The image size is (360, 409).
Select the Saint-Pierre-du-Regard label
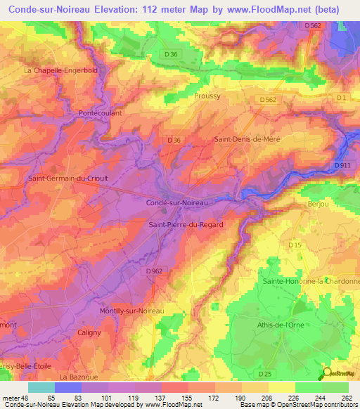[186, 224]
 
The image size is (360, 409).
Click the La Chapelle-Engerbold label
[60, 70]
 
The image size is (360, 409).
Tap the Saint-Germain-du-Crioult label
[67, 178]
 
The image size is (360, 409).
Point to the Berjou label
[319, 203]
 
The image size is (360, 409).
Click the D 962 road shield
[155, 271]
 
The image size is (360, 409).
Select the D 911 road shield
[343, 165]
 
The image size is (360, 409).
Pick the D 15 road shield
[295, 245]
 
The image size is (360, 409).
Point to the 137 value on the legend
[168, 398]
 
